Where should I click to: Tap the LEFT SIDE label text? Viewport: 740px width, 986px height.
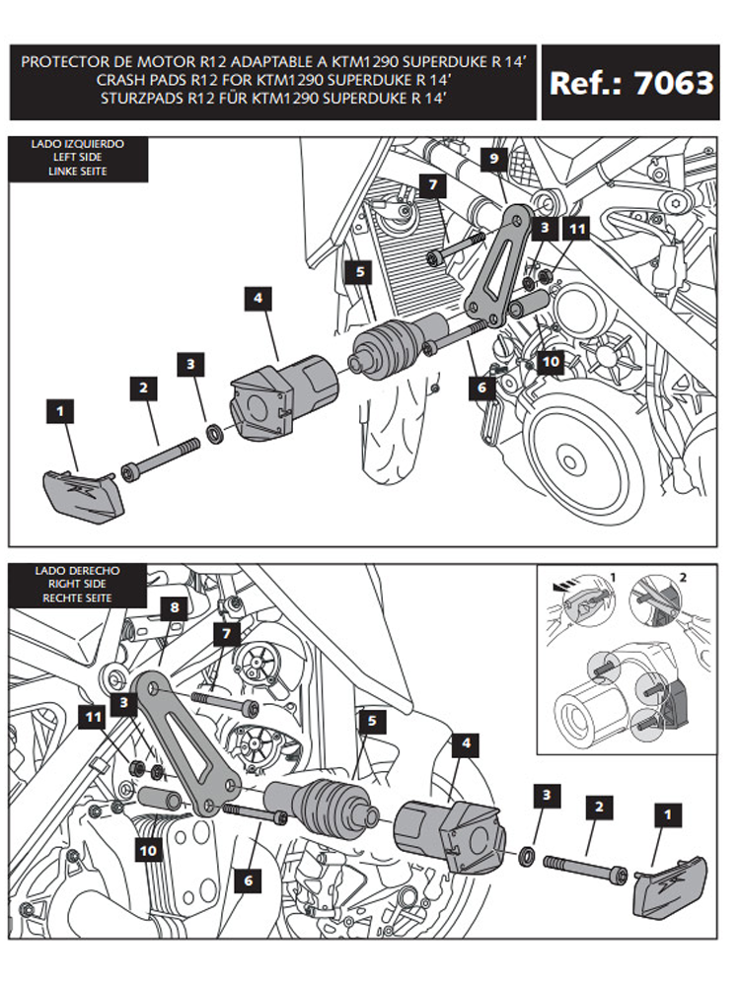(x=78, y=157)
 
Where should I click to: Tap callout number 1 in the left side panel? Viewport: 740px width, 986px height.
(x=61, y=409)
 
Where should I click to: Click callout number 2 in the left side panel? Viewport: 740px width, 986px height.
(x=144, y=388)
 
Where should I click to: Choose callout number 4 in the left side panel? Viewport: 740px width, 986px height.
(x=258, y=297)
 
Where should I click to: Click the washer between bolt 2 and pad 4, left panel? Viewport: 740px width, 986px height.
(x=214, y=432)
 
